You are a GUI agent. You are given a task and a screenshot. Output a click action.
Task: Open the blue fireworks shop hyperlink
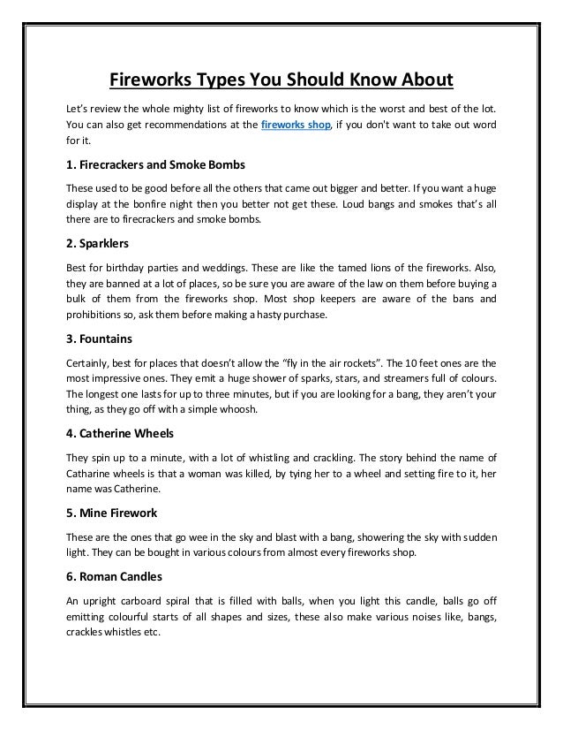[295, 125]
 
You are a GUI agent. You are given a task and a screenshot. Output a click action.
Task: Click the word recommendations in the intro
[171, 125]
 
